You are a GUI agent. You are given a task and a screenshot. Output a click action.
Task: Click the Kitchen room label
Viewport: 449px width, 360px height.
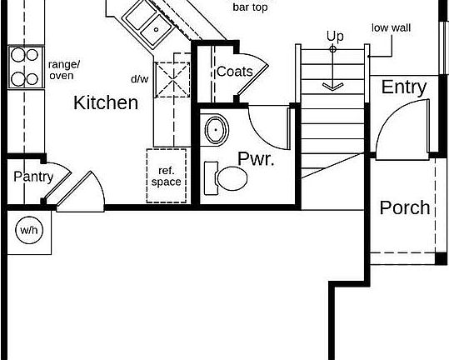(106, 102)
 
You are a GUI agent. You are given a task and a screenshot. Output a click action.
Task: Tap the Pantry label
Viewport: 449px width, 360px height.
(33, 177)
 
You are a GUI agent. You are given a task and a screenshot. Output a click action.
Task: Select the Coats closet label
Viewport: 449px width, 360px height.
(235, 72)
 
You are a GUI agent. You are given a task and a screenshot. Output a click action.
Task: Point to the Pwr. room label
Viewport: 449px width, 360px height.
(256, 158)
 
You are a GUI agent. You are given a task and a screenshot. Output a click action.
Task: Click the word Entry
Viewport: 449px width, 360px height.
(404, 87)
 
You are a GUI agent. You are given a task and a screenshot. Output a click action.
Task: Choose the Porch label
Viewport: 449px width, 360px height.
(405, 207)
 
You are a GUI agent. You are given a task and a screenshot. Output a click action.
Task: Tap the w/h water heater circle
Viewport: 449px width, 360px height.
(29, 230)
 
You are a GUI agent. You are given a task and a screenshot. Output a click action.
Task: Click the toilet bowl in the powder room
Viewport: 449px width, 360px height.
(232, 178)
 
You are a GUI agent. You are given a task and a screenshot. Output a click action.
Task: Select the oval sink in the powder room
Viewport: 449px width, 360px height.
(217, 130)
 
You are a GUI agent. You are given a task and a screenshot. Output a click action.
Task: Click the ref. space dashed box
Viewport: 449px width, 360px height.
(167, 176)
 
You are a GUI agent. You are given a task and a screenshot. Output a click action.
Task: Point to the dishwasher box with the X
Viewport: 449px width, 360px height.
(172, 80)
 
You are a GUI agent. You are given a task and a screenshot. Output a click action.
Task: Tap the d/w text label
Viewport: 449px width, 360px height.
(140, 79)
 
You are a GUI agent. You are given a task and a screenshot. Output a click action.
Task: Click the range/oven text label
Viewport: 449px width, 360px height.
(64, 70)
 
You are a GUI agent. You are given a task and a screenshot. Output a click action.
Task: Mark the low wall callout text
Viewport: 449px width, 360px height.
(391, 27)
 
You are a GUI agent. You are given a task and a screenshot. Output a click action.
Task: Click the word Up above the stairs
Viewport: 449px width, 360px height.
(335, 37)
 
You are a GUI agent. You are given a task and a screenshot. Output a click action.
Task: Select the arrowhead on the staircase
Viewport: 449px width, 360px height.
(332, 87)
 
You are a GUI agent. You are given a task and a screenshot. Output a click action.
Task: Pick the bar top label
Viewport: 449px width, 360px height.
(250, 7)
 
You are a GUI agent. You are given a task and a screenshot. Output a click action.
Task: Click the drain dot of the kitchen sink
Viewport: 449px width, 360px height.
(157, 29)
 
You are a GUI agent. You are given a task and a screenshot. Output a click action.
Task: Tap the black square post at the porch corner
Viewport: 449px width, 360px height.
(441, 259)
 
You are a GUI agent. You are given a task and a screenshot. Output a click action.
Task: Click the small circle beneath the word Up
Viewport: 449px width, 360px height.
(332, 49)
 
